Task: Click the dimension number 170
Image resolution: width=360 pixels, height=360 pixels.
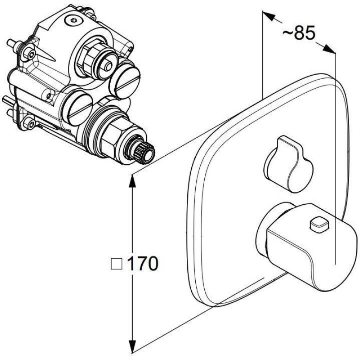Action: (143, 264)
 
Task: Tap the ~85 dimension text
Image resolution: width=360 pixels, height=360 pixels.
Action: (299, 33)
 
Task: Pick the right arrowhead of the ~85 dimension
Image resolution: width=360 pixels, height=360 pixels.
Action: (329, 49)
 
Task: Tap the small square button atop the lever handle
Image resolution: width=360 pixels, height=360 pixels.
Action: (319, 223)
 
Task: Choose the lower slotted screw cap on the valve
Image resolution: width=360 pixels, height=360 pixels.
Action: (78, 108)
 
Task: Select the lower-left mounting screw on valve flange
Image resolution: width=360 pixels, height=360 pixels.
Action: (30, 124)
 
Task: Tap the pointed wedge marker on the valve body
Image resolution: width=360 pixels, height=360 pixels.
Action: (48, 57)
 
